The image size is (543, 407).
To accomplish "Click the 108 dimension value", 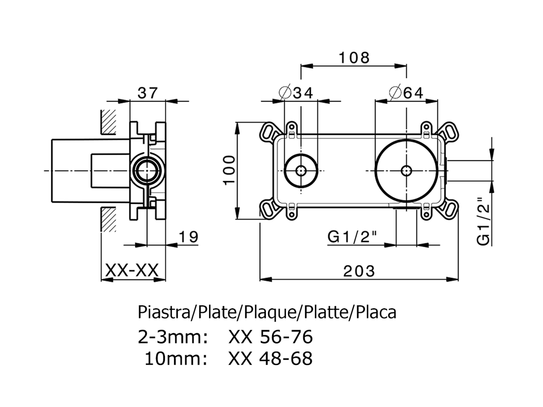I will coord(354,57).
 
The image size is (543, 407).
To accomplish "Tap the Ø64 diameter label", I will coord(406,92).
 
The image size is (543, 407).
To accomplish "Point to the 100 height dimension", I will coord(229,170).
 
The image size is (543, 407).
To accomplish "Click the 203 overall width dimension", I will coord(359,270).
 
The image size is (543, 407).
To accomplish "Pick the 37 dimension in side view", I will coord(148,92).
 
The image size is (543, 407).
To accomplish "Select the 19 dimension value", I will coord(188,237).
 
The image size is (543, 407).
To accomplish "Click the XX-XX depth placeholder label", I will coord(132,270).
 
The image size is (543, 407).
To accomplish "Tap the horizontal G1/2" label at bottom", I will coord(352,237).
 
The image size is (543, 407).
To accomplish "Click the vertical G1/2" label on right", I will coord(484,221).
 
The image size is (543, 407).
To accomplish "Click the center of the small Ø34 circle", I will coord(301,170).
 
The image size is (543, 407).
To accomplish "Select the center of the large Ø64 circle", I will coord(406,170).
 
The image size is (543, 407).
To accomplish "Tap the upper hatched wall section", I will coord(108,123).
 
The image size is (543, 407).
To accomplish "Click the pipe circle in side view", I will coord(147,170).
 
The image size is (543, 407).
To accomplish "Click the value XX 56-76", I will coord(270,337).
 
